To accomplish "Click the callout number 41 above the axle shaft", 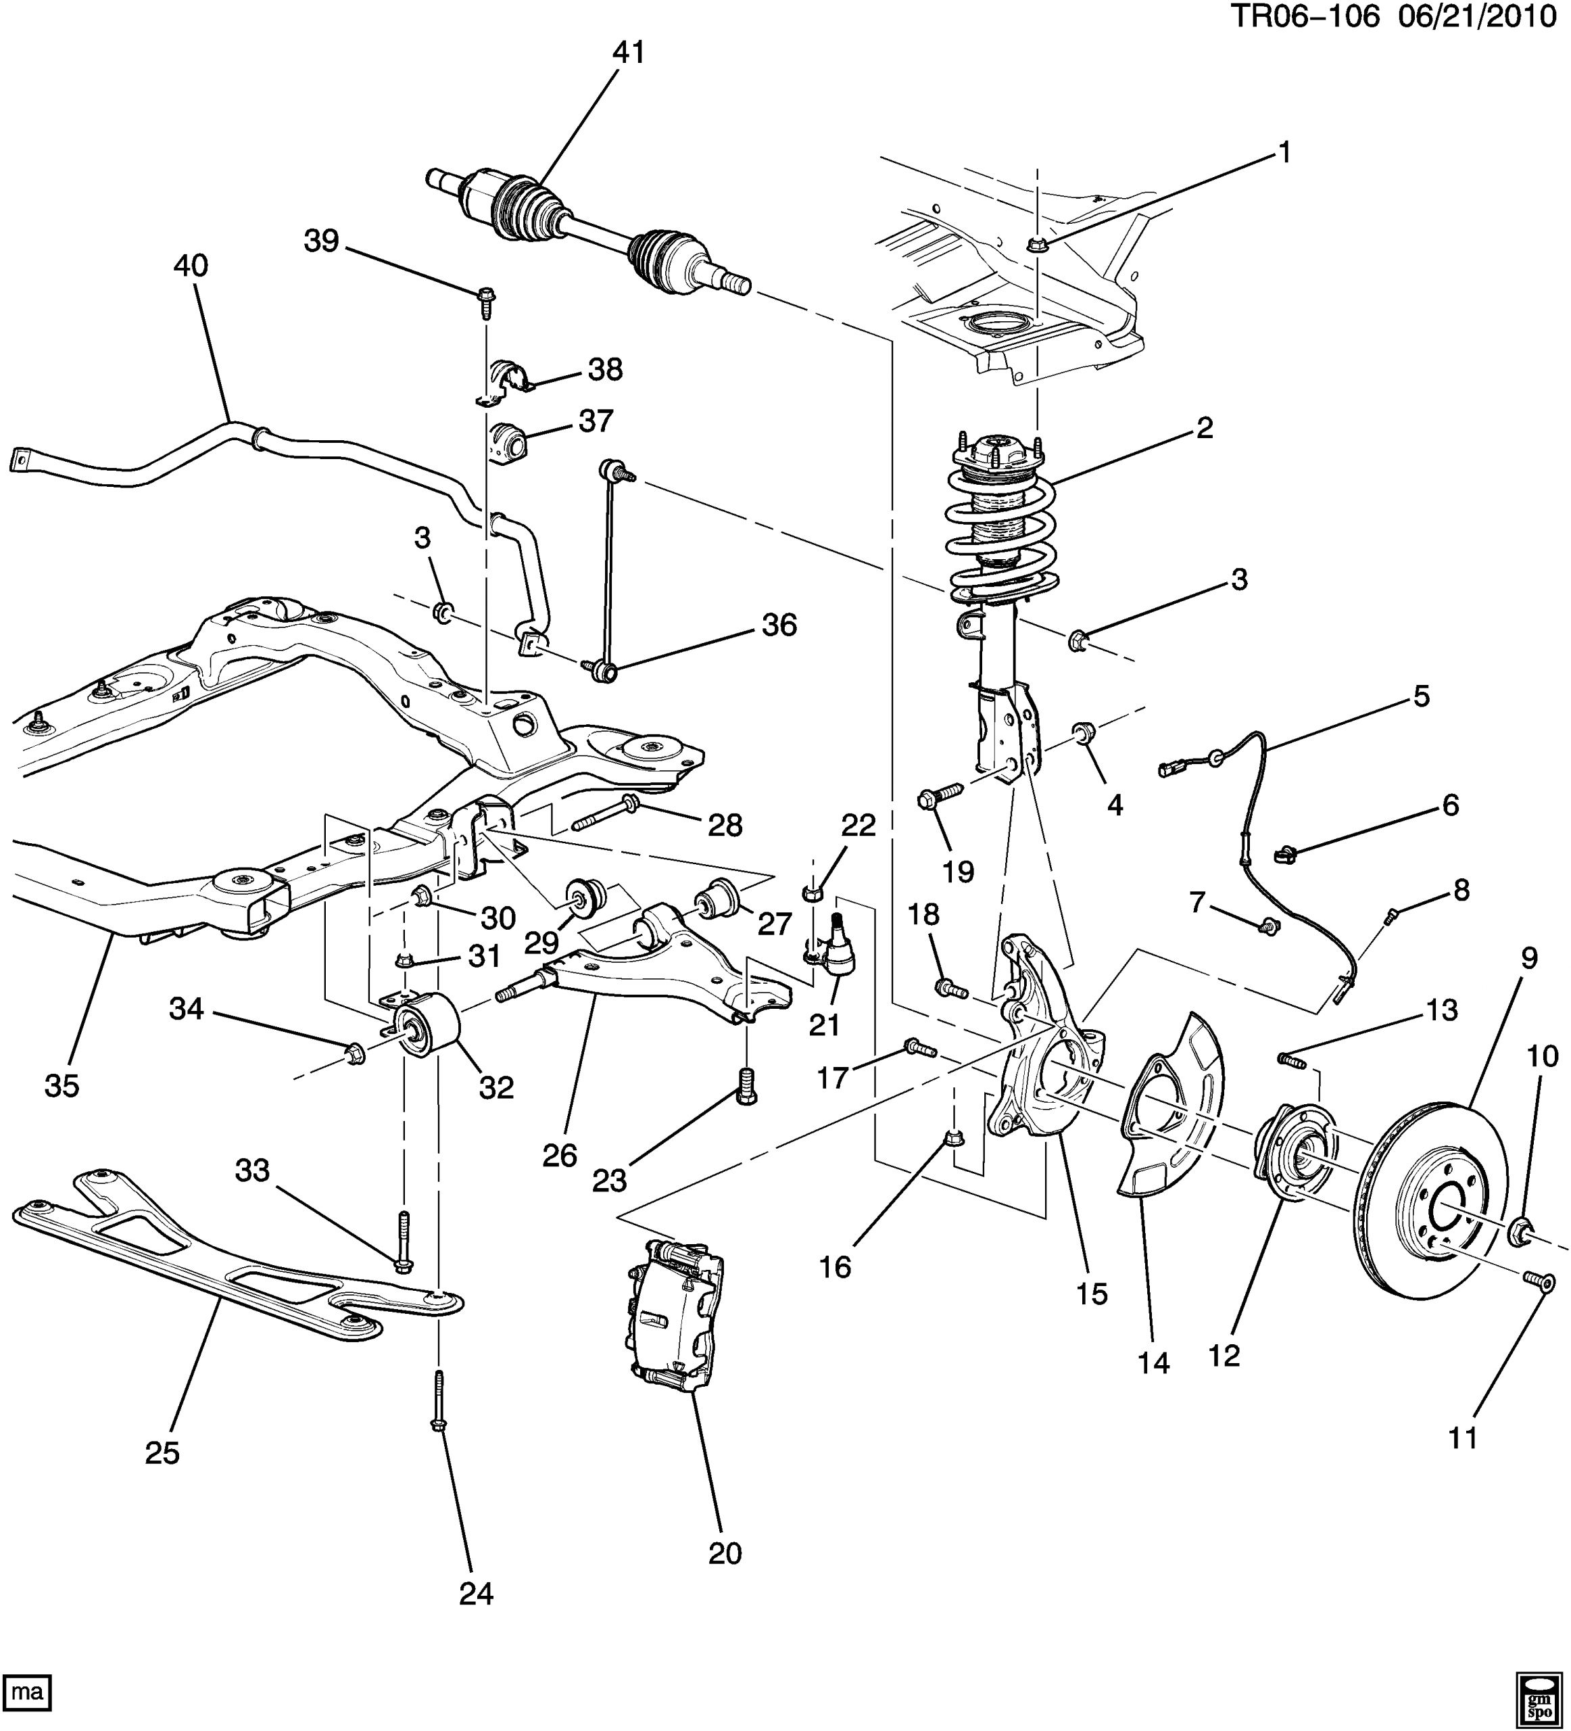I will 629,53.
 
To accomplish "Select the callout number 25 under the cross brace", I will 162,1453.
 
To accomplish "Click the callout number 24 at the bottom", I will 477,1594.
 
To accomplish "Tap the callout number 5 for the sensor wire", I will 1422,696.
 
